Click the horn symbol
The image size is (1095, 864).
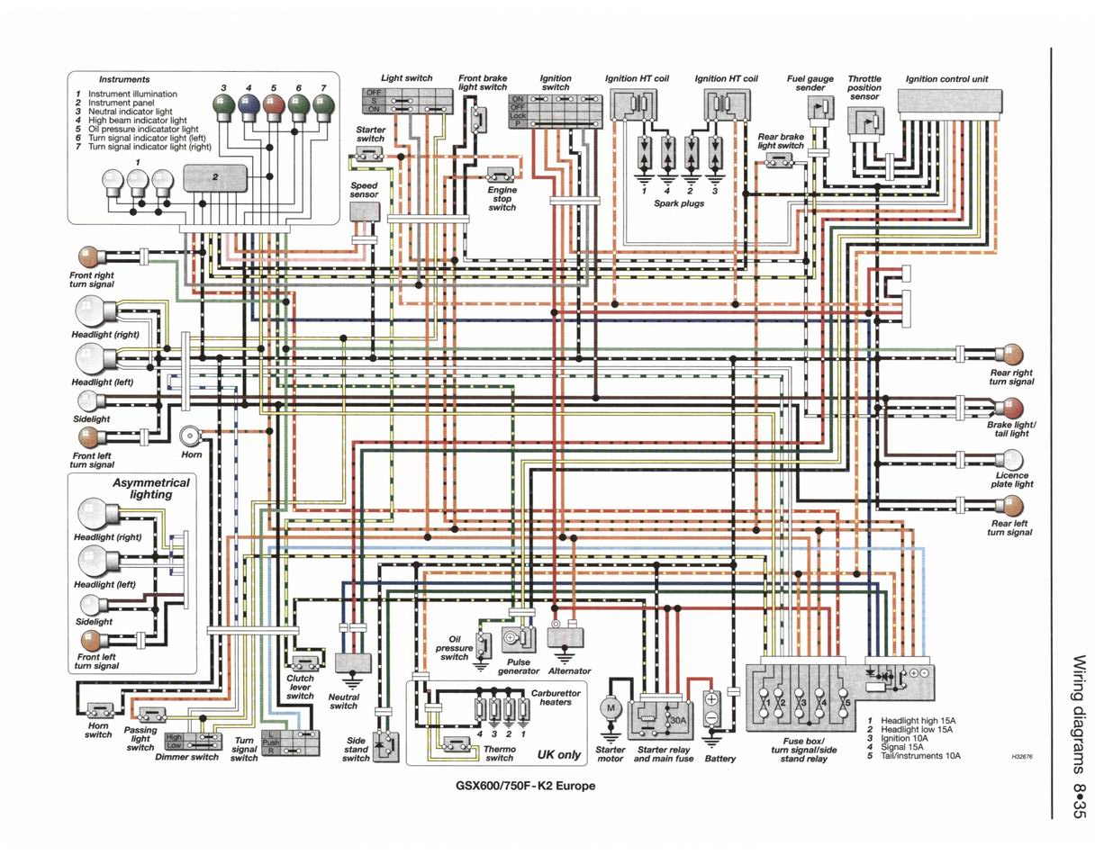[x=190, y=436]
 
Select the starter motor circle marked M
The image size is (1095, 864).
[x=611, y=708]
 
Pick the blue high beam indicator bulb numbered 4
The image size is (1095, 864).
[x=248, y=107]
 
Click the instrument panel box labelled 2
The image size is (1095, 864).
[x=215, y=177]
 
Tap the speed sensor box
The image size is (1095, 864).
[x=364, y=212]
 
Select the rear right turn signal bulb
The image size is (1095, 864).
[x=1013, y=354]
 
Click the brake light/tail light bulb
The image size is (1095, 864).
[x=1013, y=407]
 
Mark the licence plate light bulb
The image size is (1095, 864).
[x=1013, y=459]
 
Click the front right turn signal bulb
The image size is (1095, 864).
[x=91, y=256]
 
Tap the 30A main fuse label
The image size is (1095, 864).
[x=675, y=721]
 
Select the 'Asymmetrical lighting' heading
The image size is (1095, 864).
[x=150, y=489]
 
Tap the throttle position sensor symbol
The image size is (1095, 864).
[x=865, y=121]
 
